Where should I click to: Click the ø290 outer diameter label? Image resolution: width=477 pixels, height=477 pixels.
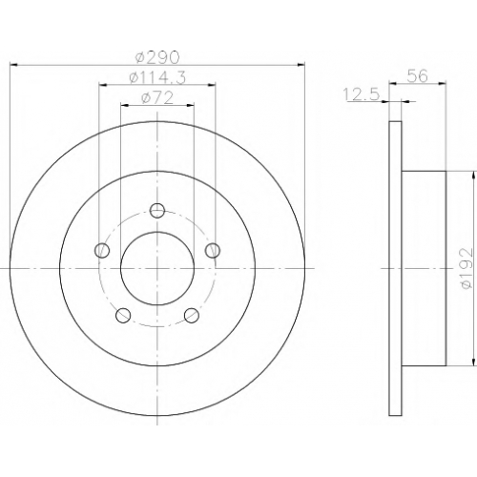click(157, 57)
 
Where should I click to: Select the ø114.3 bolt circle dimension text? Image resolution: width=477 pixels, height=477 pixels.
click(157, 78)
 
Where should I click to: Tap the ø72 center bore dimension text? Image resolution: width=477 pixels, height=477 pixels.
click(157, 98)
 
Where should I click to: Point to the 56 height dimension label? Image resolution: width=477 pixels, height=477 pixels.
click(418, 76)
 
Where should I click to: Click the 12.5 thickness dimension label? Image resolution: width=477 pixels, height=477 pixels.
click(363, 94)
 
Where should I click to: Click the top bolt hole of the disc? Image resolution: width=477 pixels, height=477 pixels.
click(157, 210)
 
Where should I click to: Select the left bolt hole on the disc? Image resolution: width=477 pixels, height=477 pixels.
click(102, 250)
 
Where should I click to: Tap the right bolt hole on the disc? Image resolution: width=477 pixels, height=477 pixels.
click(213, 250)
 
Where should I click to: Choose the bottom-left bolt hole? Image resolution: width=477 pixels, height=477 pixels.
click(123, 315)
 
